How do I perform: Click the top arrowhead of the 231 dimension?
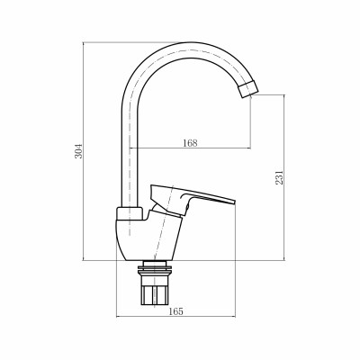coord(285,95)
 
